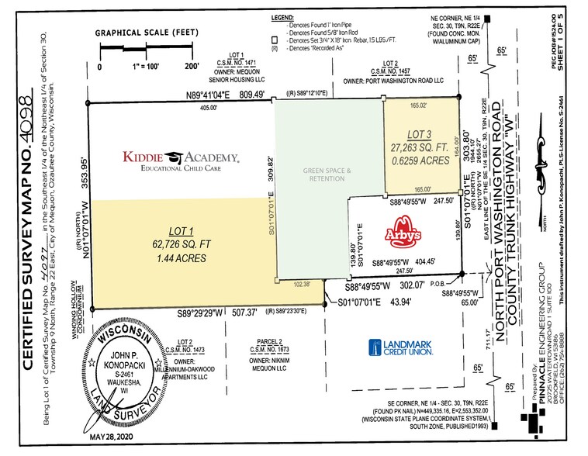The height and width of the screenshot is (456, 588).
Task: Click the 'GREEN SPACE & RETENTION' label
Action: [x=327, y=175]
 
